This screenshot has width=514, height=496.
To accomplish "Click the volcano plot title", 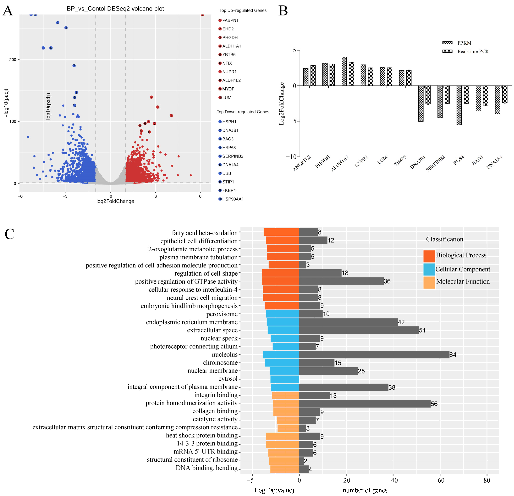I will pyautogui.click(x=115, y=9).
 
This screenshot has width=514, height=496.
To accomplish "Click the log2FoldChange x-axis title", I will pyautogui.click(x=115, y=201).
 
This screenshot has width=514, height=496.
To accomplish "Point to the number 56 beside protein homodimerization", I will pyautogui.click(x=434, y=404).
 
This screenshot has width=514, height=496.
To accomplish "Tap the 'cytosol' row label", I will pyautogui.click(x=228, y=379).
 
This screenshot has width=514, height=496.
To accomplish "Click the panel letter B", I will pyautogui.click(x=283, y=11).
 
